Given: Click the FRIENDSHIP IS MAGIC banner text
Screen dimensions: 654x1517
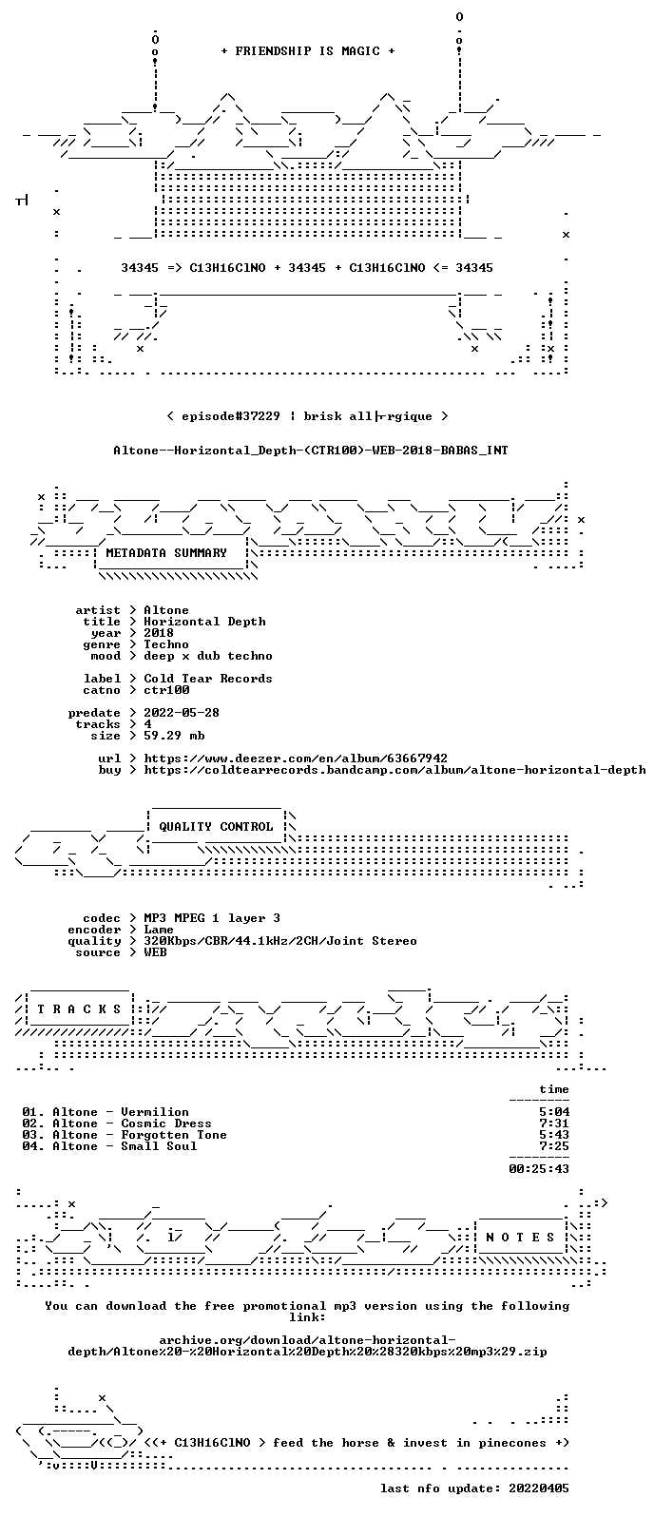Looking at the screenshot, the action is pyautogui.click(x=308, y=51).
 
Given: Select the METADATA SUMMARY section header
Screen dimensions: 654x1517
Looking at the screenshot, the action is pyautogui.click(x=166, y=553).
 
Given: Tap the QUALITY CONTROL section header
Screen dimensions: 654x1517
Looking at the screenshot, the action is pyautogui.click(x=216, y=827).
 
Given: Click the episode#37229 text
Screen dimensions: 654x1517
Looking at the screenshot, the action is pyautogui.click(x=231, y=416).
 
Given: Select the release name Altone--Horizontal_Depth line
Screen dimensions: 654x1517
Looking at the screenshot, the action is pyautogui.click(x=311, y=451).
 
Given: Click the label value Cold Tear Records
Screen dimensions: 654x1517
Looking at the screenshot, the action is pyautogui.click(x=208, y=679).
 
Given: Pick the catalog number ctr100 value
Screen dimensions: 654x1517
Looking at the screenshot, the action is pyautogui.click(x=166, y=690).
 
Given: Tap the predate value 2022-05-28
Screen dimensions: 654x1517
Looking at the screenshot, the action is pyautogui.click(x=182, y=713).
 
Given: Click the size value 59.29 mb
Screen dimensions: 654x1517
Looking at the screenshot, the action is pyautogui.click(x=174, y=736).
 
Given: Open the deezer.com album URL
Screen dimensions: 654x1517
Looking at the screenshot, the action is pyautogui.click(x=296, y=758).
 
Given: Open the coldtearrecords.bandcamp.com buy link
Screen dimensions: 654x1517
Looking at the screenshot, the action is pyautogui.click(x=394, y=770).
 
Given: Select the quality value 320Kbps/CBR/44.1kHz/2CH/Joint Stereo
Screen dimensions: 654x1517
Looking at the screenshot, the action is pyautogui.click(x=280, y=941).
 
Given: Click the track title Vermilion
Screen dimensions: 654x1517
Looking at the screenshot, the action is pyautogui.click(x=155, y=1112).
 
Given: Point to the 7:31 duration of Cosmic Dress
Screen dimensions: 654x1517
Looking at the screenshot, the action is pyautogui.click(x=554, y=1123).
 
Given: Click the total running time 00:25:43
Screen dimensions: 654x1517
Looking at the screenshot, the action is pyautogui.click(x=539, y=1169).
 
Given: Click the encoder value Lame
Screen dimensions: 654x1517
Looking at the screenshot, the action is pyautogui.click(x=159, y=930).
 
